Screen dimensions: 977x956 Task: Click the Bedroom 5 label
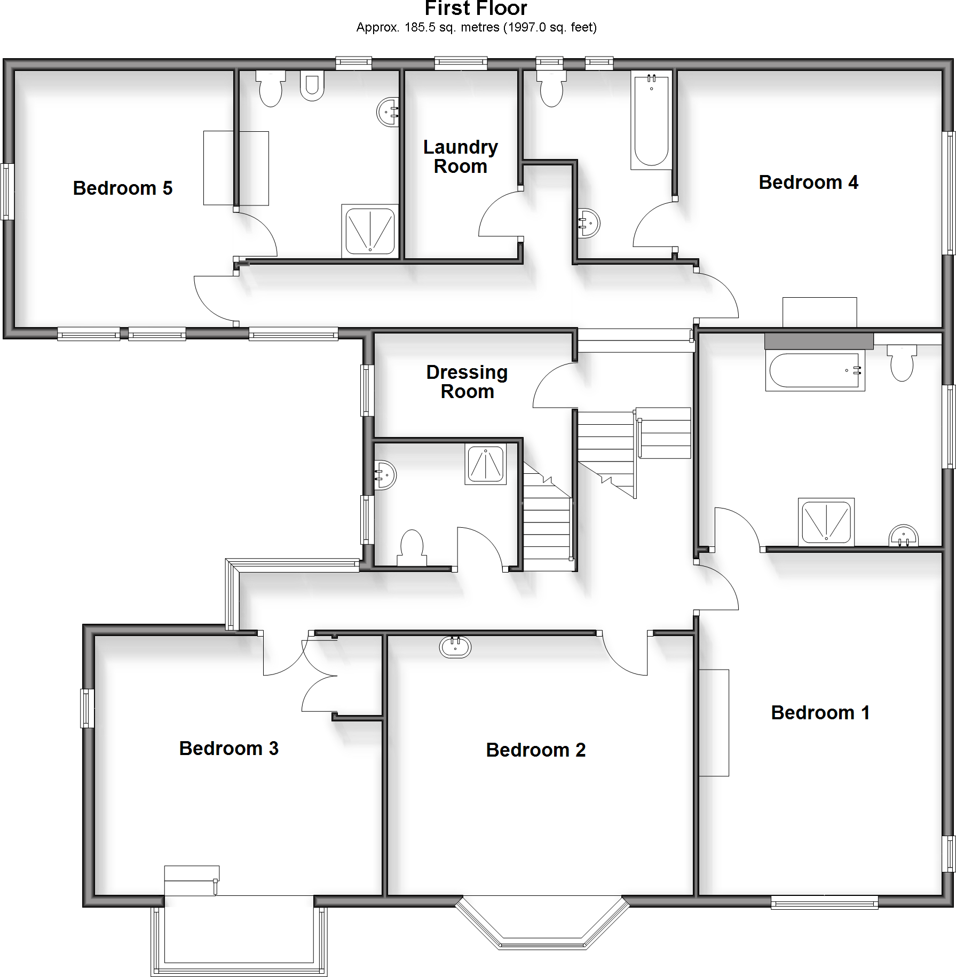[123, 188]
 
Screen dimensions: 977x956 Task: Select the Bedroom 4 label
[808, 182]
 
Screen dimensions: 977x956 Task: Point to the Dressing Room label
[467, 382]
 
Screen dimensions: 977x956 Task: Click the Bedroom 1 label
[820, 713]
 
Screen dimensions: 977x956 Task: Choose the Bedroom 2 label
[535, 750]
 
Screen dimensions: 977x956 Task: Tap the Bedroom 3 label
[228, 749]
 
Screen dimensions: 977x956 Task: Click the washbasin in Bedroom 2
[455, 647]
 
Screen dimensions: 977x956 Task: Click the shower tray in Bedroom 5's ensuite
[370, 231]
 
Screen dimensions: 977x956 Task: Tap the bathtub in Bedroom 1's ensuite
[815, 371]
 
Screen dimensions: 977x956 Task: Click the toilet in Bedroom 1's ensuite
[902, 362]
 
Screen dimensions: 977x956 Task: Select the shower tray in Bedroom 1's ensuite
[826, 521]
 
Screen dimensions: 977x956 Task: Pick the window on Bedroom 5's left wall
[7, 192]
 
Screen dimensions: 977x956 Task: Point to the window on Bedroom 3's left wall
[87, 708]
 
